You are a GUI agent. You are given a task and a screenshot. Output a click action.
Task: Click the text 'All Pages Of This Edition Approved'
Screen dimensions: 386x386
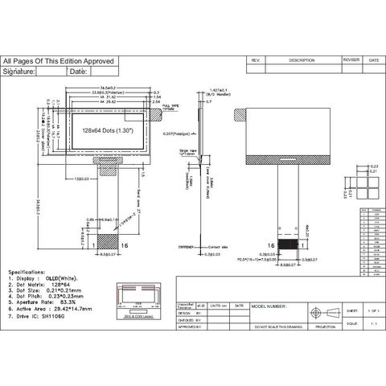[x=59, y=61]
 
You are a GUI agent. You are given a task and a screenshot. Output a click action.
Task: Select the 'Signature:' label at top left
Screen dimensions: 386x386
[x=19, y=72]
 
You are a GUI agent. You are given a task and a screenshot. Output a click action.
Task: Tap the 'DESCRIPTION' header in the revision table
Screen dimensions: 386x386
[x=302, y=60]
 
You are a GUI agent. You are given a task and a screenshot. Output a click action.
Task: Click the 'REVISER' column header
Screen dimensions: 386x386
[x=351, y=60]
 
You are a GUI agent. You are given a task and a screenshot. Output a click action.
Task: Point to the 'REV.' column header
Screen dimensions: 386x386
[x=256, y=60]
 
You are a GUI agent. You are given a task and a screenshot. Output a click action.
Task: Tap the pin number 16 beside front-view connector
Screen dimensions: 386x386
[x=124, y=244]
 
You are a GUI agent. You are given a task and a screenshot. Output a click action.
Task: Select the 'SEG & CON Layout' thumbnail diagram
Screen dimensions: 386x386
[x=143, y=306]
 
